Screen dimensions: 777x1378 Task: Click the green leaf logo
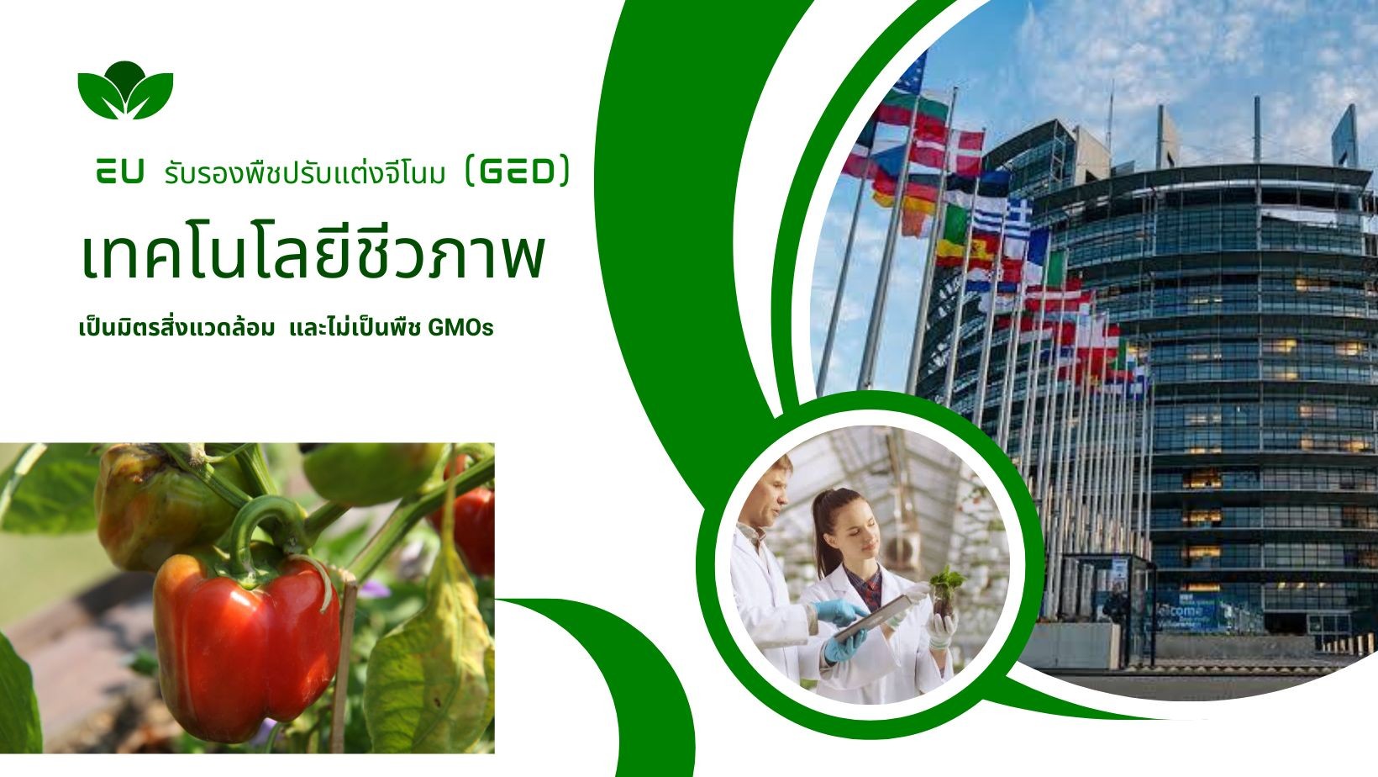(x=125, y=89)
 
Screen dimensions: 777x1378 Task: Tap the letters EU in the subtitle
(x=119, y=173)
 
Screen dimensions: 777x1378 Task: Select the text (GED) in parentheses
(x=516, y=172)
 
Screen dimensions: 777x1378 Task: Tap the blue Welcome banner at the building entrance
(x=1185, y=612)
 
